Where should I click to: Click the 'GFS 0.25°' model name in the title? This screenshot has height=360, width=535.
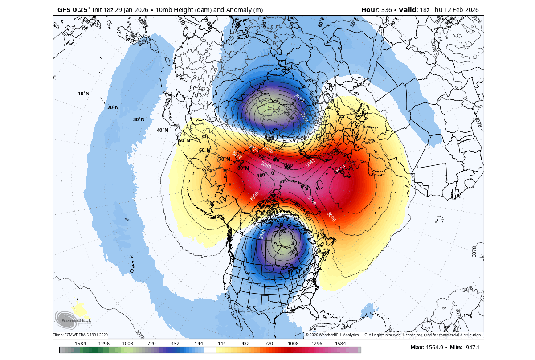(x=73, y=10)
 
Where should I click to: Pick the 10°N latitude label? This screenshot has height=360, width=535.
(x=84, y=94)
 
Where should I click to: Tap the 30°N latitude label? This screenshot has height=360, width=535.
(x=139, y=119)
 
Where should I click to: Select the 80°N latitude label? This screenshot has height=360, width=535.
(x=243, y=168)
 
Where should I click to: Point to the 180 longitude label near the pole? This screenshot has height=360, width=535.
(x=261, y=175)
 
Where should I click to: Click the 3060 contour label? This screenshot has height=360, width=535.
(x=265, y=165)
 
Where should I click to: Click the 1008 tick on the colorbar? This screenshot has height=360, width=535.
(x=293, y=344)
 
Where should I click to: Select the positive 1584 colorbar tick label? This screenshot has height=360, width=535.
(x=340, y=344)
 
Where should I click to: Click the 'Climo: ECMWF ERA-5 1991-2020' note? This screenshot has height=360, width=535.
(x=80, y=335)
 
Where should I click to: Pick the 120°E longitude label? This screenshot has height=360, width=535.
(x=142, y=21)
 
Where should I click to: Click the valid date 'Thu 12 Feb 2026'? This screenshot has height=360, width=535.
(x=453, y=10)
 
